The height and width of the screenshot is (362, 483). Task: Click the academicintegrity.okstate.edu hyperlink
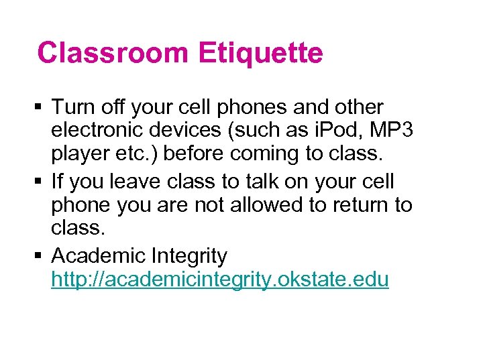click(219, 280)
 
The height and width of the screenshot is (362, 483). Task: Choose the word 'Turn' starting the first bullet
click(72, 107)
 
